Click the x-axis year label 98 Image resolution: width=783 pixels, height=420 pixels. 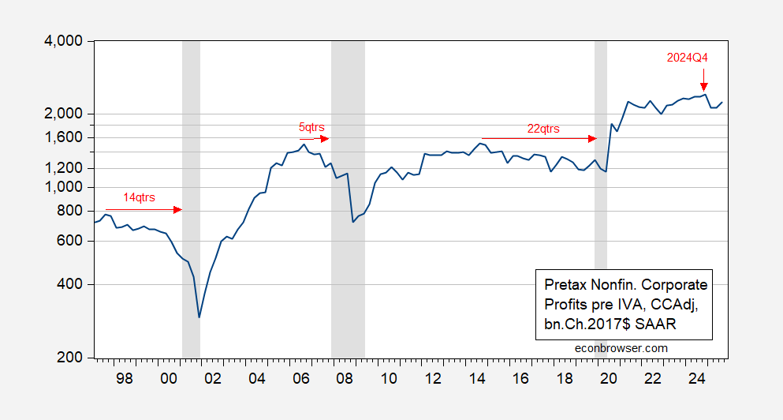coord(125,377)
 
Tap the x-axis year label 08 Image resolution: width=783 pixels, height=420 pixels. coord(345,377)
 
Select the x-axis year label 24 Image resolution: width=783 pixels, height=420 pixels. coord(697,377)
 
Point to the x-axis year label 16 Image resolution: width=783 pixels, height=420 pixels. coord(520,377)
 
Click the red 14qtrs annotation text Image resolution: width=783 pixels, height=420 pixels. coord(140,197)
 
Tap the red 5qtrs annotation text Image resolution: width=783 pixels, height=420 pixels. coord(311,126)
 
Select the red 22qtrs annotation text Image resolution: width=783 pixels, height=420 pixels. coord(543,128)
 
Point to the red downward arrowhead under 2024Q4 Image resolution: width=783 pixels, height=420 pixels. coord(703,87)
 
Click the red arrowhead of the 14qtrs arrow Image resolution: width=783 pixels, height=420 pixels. coord(178,209)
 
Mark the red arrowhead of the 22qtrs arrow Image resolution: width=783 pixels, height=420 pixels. coord(593,138)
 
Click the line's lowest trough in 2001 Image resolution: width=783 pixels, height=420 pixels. coord(199,317)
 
